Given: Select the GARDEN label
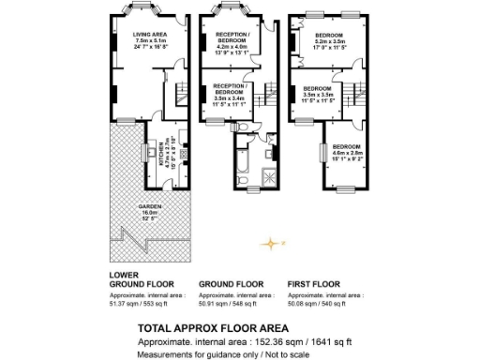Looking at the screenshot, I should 150,206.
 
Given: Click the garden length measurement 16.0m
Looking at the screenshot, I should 150,213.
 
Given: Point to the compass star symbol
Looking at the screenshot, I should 271,244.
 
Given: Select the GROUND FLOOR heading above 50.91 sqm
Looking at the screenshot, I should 232,282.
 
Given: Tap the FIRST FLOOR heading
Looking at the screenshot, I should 315,282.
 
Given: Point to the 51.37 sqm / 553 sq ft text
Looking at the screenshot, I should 141,303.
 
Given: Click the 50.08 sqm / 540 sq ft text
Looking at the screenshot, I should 321,303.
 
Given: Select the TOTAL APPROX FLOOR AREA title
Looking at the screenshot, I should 206,328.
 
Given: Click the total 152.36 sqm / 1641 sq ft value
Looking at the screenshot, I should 280,342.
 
